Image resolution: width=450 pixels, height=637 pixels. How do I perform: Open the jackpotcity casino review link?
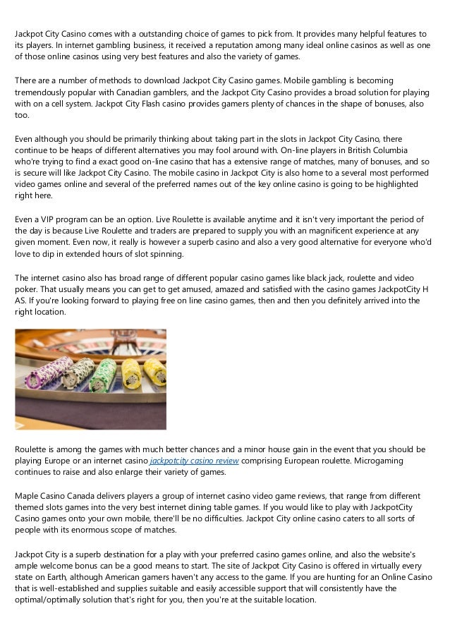195,461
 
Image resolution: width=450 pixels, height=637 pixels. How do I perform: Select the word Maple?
27,495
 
